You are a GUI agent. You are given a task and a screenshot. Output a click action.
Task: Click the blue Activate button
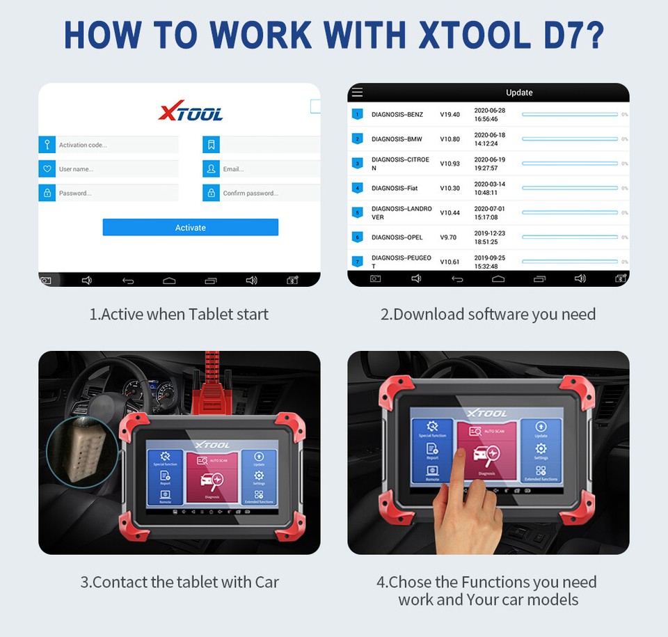pos(190,228)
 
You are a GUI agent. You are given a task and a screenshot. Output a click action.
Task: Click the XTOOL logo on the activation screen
pos(191,112)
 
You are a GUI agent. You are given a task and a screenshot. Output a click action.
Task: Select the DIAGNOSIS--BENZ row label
pos(397,114)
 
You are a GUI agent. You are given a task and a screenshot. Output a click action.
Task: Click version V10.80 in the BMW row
pos(450,139)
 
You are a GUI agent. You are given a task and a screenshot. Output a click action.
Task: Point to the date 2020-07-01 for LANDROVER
pos(489,208)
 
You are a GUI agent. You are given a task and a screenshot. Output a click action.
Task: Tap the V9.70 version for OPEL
pos(448,237)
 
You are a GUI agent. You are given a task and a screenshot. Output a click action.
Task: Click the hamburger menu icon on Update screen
pos(357,92)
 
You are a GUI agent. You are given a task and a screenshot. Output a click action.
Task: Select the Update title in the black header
pos(519,93)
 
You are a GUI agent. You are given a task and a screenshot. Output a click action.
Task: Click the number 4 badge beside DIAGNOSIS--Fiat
pos(358,188)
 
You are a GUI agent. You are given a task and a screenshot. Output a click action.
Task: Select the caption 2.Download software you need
pos(488,314)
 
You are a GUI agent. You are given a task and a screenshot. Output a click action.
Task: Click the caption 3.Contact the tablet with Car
pos(180,582)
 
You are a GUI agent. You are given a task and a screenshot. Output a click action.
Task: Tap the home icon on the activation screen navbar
pos(169,280)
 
